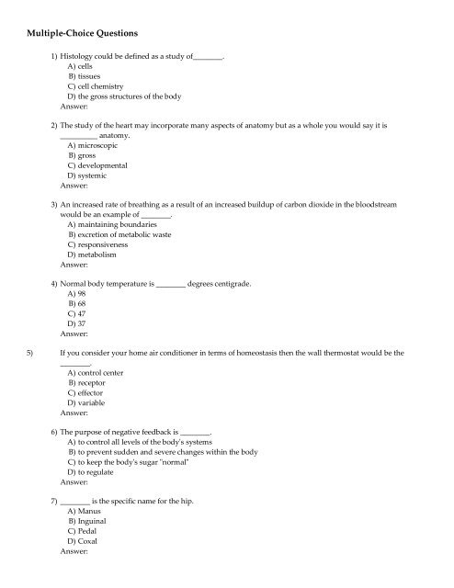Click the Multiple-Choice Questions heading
click(x=81, y=33)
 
